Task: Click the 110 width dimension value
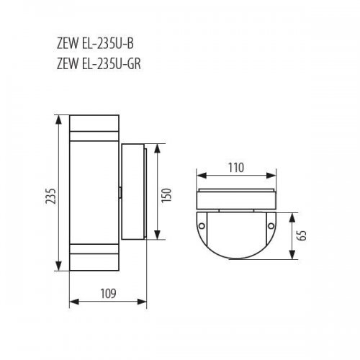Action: click(235, 167)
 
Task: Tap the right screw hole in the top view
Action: click(271, 227)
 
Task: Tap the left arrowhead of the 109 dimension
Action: click(71, 303)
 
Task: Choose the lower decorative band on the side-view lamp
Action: click(94, 253)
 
